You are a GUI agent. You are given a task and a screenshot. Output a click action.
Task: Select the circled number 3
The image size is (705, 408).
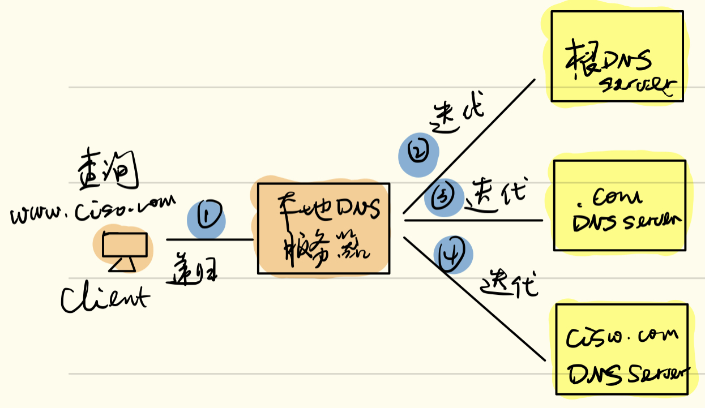(x=443, y=196)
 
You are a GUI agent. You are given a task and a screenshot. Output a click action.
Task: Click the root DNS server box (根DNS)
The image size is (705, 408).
(x=617, y=57)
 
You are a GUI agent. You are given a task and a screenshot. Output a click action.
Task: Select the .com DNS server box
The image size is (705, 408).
(x=619, y=205)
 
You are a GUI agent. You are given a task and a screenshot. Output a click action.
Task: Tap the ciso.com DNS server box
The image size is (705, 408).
(x=621, y=349)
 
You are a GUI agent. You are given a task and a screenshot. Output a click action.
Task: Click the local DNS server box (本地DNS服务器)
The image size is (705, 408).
(x=323, y=228)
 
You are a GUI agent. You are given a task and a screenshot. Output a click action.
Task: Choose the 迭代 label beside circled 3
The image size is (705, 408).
(x=495, y=194)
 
